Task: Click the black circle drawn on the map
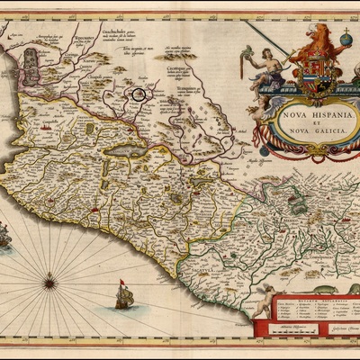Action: pyautogui.click(x=139, y=93)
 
